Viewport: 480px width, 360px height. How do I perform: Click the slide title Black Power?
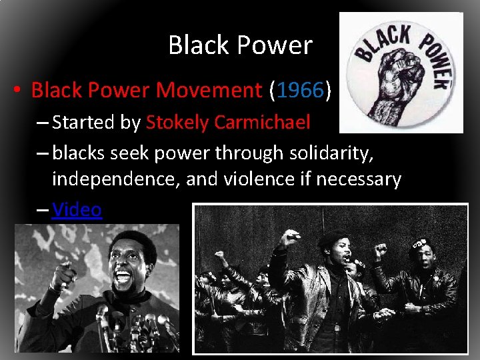click(x=240, y=45)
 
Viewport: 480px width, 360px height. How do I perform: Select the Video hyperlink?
click(x=77, y=210)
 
